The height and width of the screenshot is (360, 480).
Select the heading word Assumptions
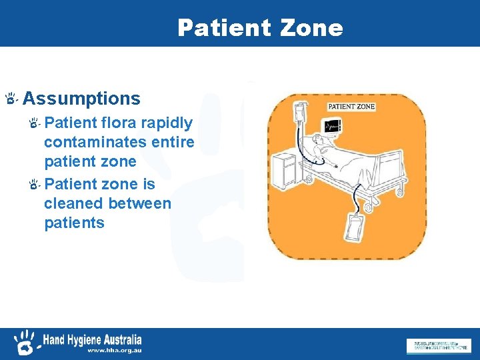click(x=81, y=99)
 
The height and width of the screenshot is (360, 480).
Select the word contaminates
click(x=95, y=143)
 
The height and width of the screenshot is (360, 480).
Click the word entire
click(x=173, y=143)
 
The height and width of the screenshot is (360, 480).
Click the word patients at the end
click(x=74, y=223)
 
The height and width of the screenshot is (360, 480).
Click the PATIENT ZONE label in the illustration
click(x=351, y=107)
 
